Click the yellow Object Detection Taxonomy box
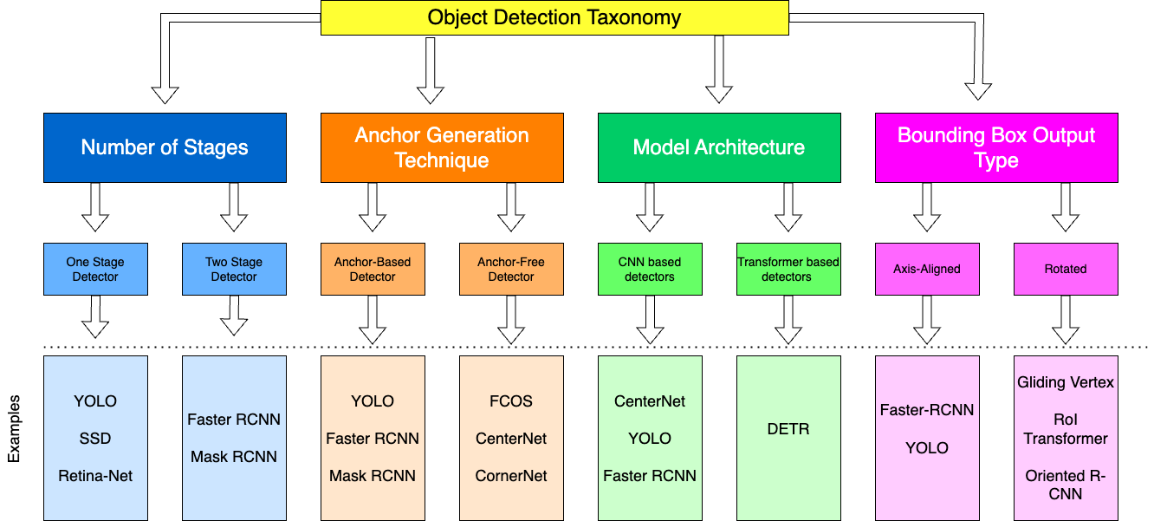click(x=554, y=17)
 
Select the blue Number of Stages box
click(x=165, y=147)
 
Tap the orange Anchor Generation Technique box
click(x=442, y=147)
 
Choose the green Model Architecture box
click(x=719, y=147)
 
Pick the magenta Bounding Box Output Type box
click(x=996, y=147)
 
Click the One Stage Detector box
click(x=95, y=269)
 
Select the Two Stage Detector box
click(x=234, y=269)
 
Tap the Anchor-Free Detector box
click(x=511, y=269)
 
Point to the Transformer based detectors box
click(x=788, y=269)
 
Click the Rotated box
click(x=1066, y=269)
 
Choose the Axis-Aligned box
click(x=927, y=269)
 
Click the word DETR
click(x=788, y=429)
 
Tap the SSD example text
click(x=95, y=439)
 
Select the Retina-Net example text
click(x=95, y=476)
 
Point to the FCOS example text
click(x=511, y=401)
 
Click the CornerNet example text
click(x=511, y=476)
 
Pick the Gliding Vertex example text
click(x=1066, y=382)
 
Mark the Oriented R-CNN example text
click(x=1066, y=485)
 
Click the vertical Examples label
click(x=14, y=430)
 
